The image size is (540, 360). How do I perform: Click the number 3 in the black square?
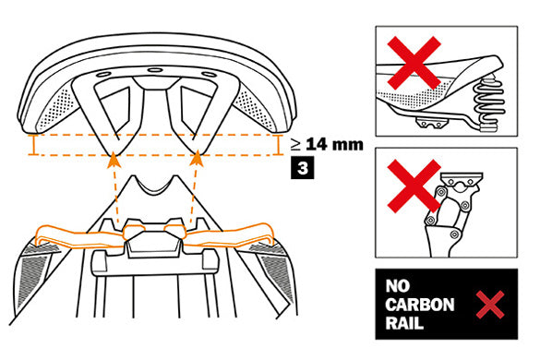click(x=303, y=168)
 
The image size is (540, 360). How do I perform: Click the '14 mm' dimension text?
click(x=334, y=144)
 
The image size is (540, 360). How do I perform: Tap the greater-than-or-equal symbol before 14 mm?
click(x=295, y=145)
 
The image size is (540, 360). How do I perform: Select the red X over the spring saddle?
click(x=414, y=63)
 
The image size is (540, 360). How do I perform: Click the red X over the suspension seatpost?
click(x=414, y=186)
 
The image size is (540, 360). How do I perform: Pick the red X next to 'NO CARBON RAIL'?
click(x=490, y=305)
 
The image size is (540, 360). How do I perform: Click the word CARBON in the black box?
click(x=419, y=305)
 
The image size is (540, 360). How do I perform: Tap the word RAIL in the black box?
click(x=404, y=323)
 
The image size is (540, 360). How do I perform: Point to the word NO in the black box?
click(x=398, y=286)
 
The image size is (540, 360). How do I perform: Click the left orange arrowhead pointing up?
click(x=114, y=161)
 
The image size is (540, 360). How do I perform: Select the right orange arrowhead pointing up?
click(x=197, y=159)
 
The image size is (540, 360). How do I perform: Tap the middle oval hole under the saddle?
click(x=155, y=70)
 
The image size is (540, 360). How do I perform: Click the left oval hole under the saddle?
click(x=104, y=75)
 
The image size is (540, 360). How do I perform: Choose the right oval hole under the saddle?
click(x=208, y=74)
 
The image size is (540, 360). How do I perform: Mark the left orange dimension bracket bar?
click(x=34, y=145)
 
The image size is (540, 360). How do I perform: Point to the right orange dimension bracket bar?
click(x=278, y=145)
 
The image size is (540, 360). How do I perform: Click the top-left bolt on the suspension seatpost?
click(x=440, y=190)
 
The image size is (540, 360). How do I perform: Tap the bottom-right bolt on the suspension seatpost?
click(x=455, y=234)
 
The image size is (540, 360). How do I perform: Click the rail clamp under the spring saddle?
click(x=430, y=123)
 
